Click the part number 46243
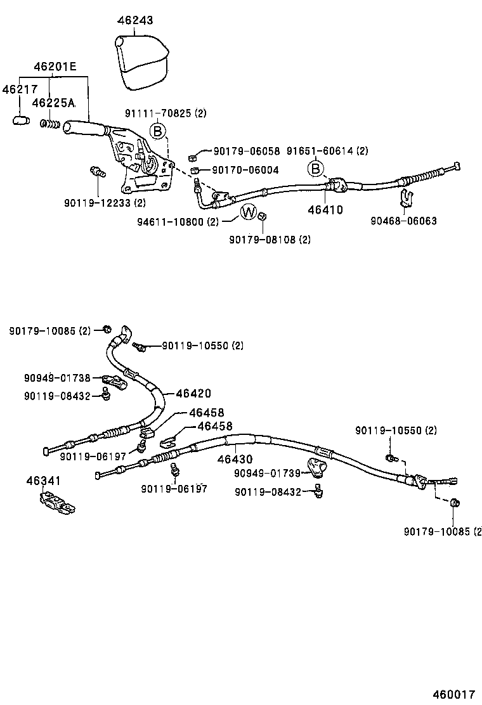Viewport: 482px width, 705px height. (x=136, y=21)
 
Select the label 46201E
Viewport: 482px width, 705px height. (x=55, y=66)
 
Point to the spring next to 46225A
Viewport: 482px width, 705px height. (x=50, y=123)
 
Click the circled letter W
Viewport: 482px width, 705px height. (x=249, y=212)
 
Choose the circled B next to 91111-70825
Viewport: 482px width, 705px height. (x=158, y=131)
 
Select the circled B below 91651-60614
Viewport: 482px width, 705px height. (x=315, y=169)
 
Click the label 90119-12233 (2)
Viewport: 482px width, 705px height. (x=105, y=203)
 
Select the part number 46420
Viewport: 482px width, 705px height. (x=193, y=394)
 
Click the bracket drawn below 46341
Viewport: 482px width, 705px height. (x=53, y=503)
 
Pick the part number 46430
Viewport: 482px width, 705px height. (x=235, y=459)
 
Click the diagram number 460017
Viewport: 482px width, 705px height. (x=453, y=694)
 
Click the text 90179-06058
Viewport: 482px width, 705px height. (x=246, y=151)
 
